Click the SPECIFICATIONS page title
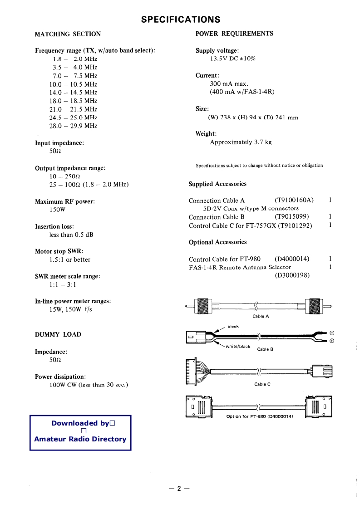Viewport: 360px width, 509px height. pyautogui.click(x=180, y=20)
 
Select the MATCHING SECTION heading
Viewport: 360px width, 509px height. pyautogui.click(x=68, y=34)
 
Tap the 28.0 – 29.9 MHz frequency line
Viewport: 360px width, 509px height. pyautogui.click(x=73, y=126)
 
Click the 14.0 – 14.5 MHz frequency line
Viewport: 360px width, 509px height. pyautogui.click(x=73, y=93)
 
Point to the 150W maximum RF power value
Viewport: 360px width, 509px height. pyautogui.click(x=57, y=210)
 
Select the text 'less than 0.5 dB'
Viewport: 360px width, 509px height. pyautogui.click(x=71, y=235)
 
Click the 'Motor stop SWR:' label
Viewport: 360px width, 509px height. pyautogui.click(x=59, y=251)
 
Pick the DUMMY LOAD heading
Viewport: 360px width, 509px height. pyautogui.click(x=58, y=335)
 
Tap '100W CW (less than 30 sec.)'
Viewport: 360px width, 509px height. pyautogui.click(x=89, y=385)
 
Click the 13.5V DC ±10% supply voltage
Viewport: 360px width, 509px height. pyautogui.click(x=232, y=59)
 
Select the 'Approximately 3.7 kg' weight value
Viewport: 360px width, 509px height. pyautogui.click(x=241, y=142)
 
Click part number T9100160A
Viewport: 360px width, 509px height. pyautogui.click(x=294, y=201)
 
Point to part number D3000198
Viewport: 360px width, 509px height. pyautogui.click(x=292, y=275)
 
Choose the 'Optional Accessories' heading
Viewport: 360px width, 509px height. pyautogui.click(x=217, y=242)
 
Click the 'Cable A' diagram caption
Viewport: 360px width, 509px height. pyautogui.click(x=261, y=316)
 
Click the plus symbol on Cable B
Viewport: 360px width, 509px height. pyautogui.click(x=332, y=341)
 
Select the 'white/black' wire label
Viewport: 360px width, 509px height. pyautogui.click(x=238, y=347)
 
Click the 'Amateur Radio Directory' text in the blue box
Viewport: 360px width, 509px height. pyautogui.click(x=80, y=439)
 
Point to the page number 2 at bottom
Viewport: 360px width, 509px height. pyautogui.click(x=179, y=489)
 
